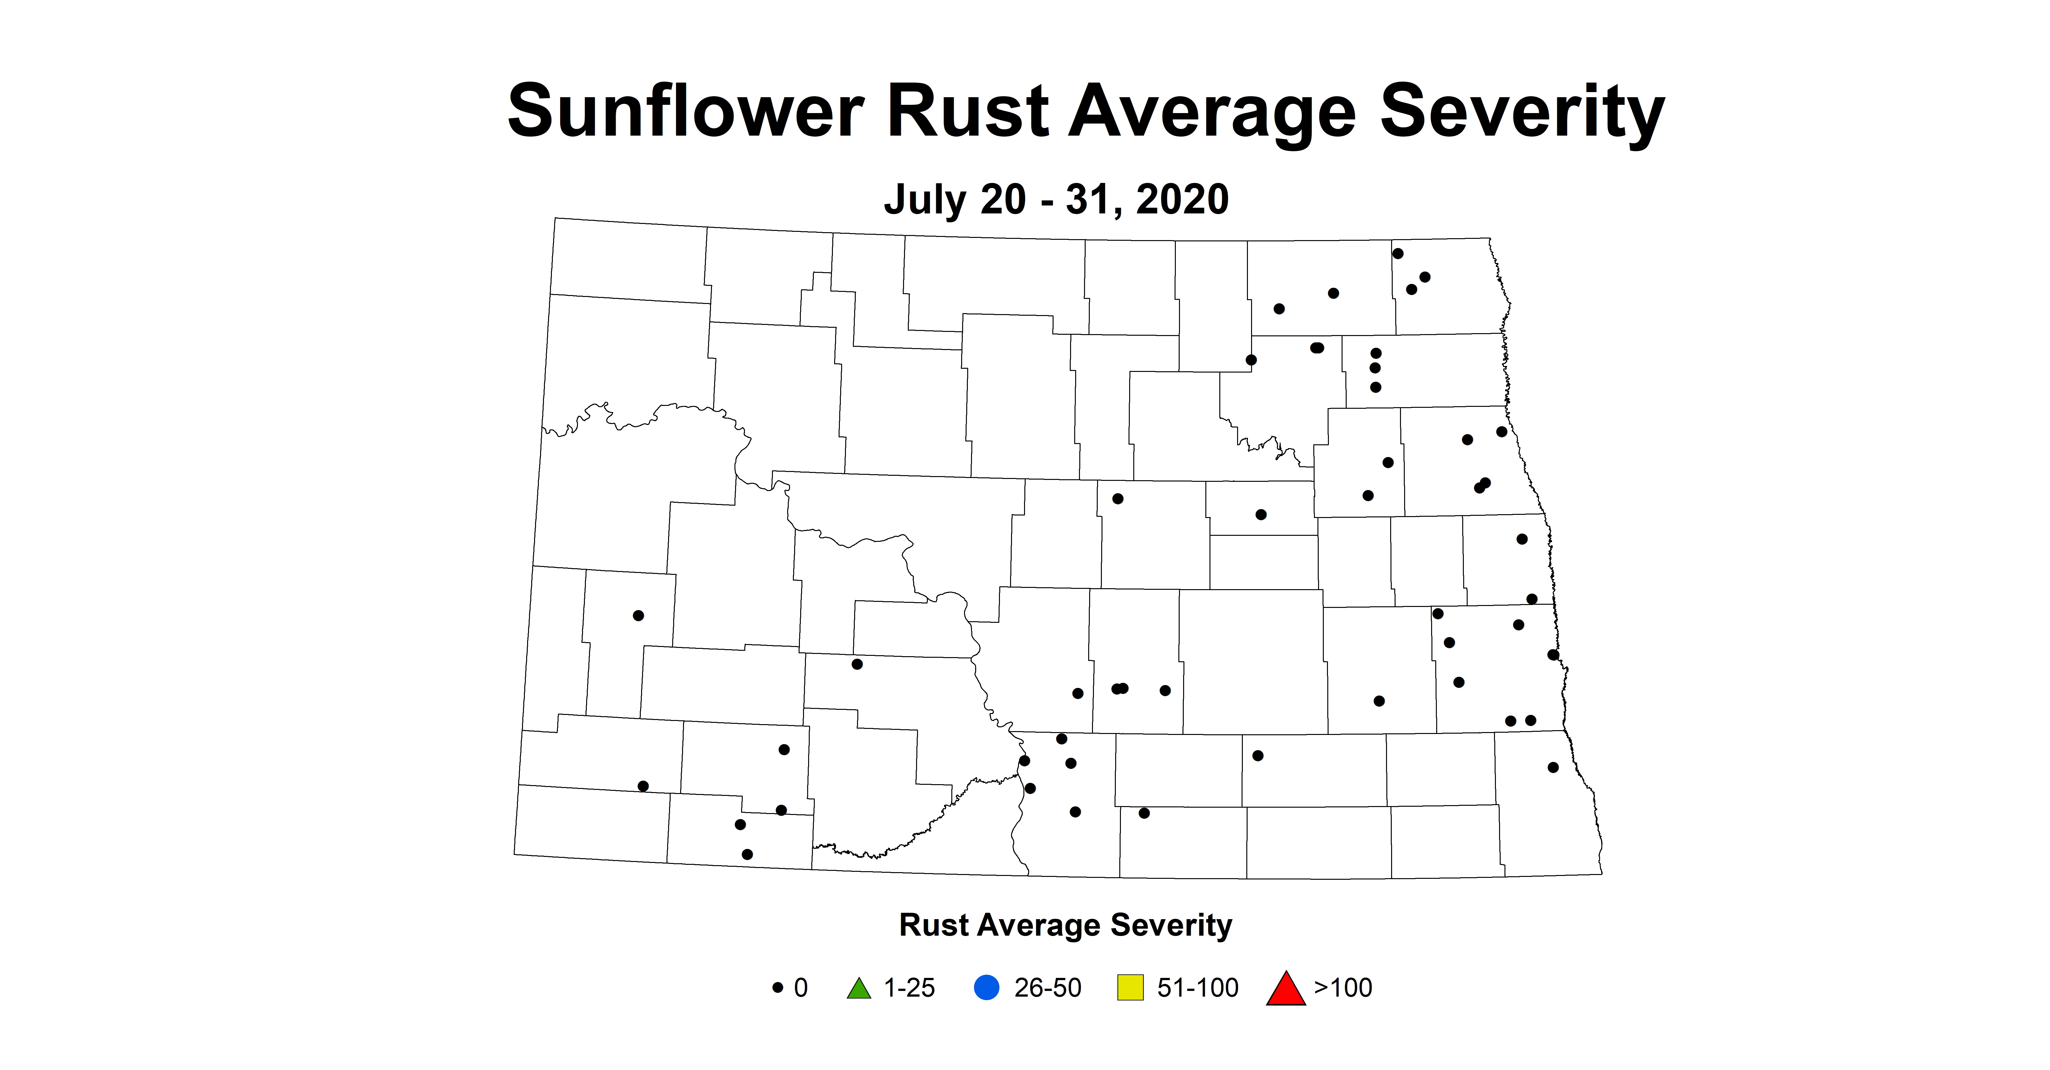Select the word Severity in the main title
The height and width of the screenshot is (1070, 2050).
click(x=1522, y=113)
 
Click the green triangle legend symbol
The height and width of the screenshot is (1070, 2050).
click(x=859, y=989)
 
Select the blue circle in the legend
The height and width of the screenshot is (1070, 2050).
click(x=987, y=988)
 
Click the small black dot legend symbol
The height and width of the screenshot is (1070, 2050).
click(x=778, y=988)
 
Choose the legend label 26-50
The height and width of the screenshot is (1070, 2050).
click(x=1047, y=988)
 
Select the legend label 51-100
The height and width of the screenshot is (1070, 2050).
click(x=1198, y=988)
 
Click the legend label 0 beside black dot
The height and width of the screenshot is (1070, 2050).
click(x=801, y=988)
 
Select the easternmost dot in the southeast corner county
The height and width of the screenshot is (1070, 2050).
click(x=1553, y=767)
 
